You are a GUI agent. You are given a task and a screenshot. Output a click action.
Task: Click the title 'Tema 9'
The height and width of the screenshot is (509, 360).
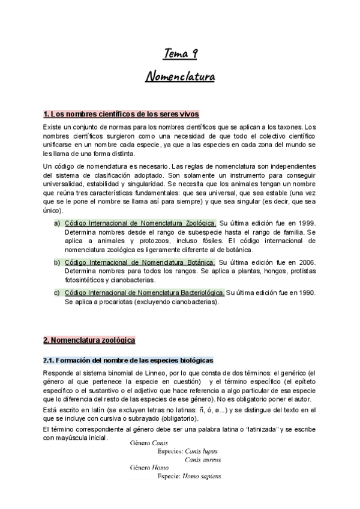coord(180,55)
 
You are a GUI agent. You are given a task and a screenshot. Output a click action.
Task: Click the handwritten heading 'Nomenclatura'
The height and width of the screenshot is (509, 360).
coord(180,77)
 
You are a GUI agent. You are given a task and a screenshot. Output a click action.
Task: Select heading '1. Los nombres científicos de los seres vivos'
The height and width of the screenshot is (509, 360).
coord(121,114)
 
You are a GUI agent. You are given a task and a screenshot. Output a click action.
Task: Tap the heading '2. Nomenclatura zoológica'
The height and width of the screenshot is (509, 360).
coord(89,340)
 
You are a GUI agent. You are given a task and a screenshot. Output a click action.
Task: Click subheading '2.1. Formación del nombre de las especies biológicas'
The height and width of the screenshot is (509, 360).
coord(128,360)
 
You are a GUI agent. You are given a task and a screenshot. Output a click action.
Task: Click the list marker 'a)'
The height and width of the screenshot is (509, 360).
coord(57,224)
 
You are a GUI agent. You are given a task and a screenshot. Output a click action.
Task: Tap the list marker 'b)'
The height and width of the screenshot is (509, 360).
coord(57,263)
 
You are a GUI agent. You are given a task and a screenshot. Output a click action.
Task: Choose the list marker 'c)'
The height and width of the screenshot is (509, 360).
coord(57,293)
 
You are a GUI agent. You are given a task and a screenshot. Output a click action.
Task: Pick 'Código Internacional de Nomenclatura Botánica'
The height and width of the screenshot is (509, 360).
coord(139,263)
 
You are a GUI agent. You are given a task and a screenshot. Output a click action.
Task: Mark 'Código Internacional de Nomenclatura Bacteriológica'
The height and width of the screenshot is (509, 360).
coord(144,293)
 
